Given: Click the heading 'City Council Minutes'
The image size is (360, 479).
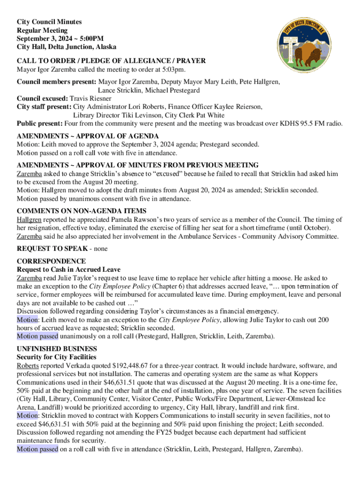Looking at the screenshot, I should (x=49, y=22).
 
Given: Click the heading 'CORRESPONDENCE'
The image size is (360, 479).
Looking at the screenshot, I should (x=51, y=261).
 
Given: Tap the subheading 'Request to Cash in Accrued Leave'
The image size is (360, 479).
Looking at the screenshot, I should (x=69, y=269).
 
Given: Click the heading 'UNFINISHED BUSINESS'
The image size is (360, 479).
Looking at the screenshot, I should (x=57, y=349).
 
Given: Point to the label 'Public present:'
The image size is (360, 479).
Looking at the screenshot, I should (x=40, y=124).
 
